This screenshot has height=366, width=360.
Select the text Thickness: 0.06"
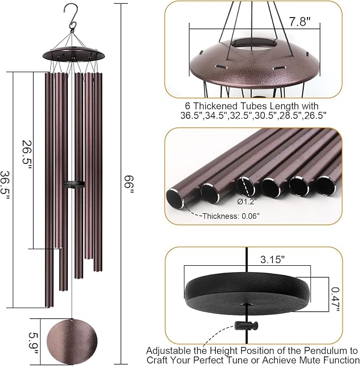pos(231,215)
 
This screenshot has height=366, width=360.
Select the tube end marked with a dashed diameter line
pos(245,186)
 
